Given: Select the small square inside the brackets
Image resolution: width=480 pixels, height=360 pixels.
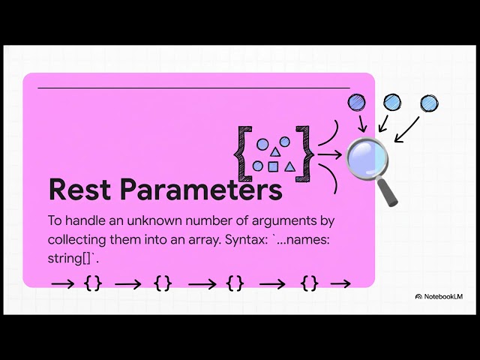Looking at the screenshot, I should [273, 166].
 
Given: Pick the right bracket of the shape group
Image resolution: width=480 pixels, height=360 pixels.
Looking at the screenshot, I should [302, 152].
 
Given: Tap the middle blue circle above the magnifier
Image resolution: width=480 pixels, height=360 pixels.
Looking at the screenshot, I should [391, 101].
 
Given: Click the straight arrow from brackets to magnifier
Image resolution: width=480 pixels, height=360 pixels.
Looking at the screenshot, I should [331, 155].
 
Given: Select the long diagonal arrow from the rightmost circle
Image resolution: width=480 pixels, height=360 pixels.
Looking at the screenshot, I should [408, 127].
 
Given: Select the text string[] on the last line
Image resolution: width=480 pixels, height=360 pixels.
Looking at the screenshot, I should [69, 259].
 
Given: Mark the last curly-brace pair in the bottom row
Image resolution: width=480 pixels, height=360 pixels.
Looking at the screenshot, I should [310, 283].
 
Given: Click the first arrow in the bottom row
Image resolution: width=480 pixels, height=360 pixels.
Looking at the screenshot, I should [62, 283].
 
